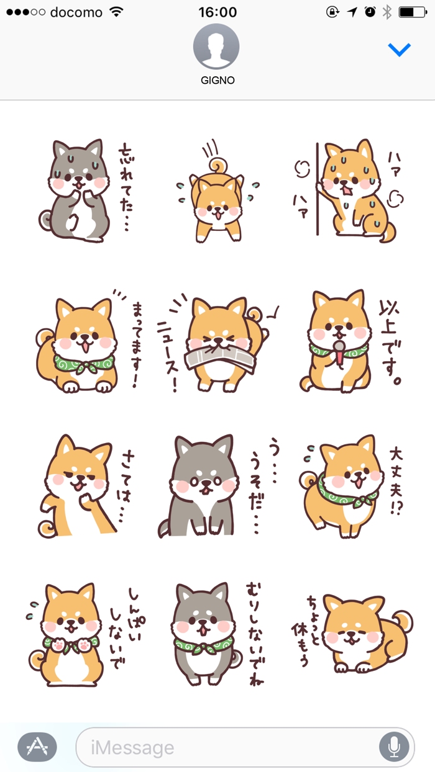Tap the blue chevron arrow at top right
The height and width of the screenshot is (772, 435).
coord(399,50)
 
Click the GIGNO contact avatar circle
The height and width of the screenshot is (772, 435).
coord(216,47)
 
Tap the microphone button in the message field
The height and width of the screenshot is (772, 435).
coord(394,747)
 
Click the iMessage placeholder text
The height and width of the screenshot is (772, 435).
coord(132,747)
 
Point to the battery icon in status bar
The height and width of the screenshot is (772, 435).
coord(411,12)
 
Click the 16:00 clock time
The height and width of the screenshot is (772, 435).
coord(217,12)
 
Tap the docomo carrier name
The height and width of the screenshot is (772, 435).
coord(76,12)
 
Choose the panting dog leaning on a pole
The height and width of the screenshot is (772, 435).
coord(354,189)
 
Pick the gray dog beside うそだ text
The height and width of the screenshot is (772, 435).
coord(199,487)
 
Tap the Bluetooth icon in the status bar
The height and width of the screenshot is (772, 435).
coord(387,12)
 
